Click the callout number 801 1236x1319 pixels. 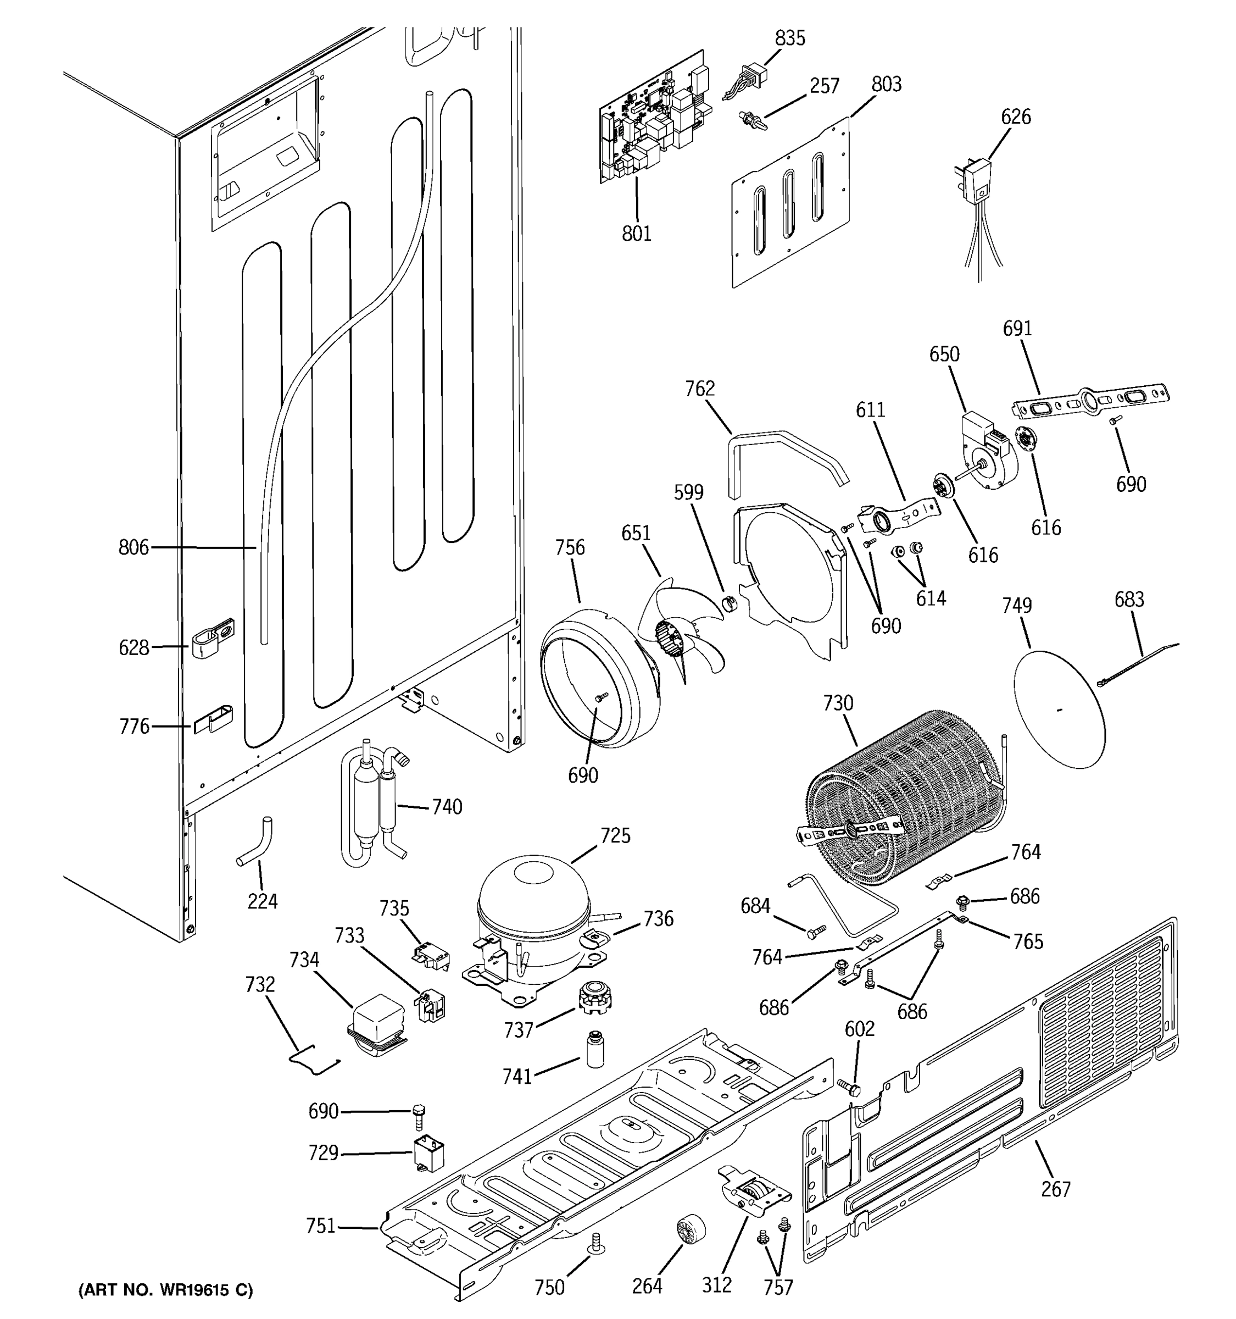coord(636,234)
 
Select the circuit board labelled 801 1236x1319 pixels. coord(653,119)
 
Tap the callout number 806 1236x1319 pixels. coord(133,547)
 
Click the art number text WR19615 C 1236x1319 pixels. coord(166,1290)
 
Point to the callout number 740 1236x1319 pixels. coord(447,807)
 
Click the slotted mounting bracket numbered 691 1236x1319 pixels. coord(1091,401)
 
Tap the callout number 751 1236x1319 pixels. coord(320,1226)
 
